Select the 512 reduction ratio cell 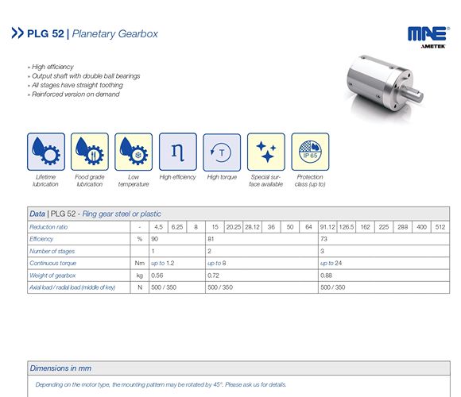click(441, 226)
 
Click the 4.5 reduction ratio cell click(158, 226)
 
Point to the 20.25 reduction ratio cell click(234, 226)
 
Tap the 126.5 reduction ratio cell click(347, 226)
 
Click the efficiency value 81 click(211, 238)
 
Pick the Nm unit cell click(139, 262)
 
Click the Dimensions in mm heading click(60, 368)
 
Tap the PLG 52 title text click(48, 33)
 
